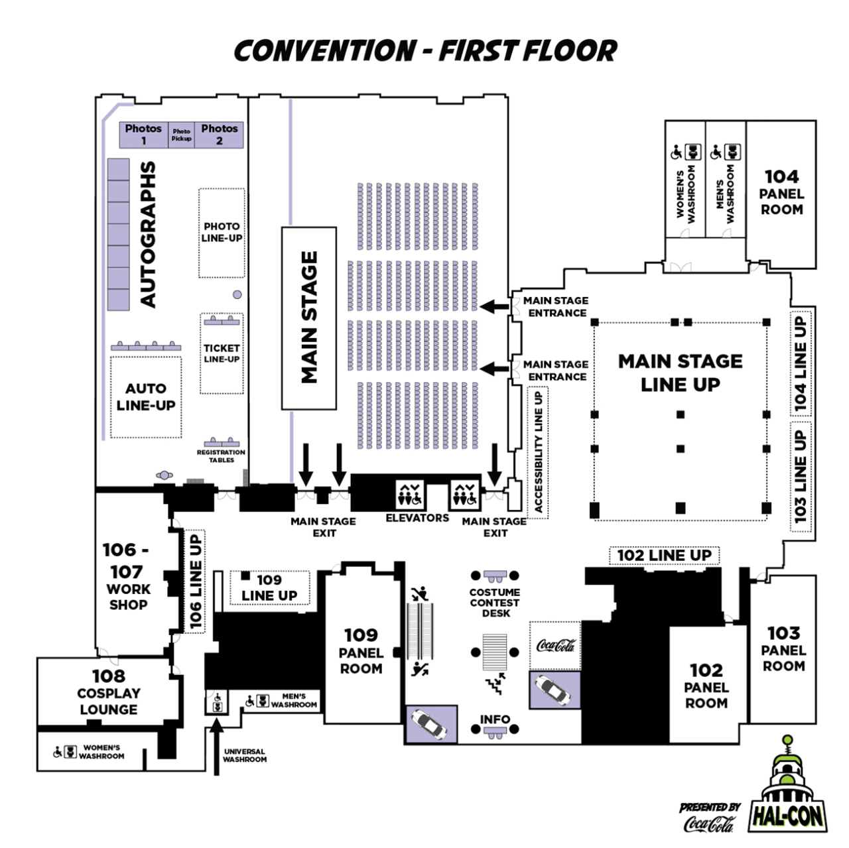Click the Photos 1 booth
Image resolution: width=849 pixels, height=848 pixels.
143,135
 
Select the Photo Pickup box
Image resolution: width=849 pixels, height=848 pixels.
181,135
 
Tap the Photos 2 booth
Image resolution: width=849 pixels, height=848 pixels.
220,135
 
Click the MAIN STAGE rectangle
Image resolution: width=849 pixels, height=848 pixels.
310,318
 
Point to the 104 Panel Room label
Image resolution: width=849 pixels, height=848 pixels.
781,192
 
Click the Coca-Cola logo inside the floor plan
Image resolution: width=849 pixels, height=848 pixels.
555,645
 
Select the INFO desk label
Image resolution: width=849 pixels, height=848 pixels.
495,719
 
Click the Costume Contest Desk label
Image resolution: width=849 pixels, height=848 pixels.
495,602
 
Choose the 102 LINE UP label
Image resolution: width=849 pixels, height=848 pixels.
664,556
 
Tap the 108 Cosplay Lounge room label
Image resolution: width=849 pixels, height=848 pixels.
109,692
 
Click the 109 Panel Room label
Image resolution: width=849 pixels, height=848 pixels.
361,651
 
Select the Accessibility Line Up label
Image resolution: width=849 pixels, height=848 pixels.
539,452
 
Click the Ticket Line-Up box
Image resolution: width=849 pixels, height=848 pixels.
222,353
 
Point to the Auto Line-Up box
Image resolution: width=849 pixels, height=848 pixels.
146,396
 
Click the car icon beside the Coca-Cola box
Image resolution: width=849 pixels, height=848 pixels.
555,690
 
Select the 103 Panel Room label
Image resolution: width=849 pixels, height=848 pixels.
783,649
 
